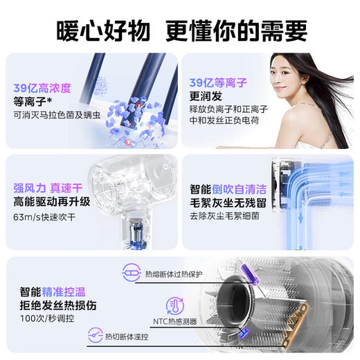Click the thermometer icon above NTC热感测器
tap(175, 306)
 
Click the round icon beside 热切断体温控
tap(93, 336)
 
